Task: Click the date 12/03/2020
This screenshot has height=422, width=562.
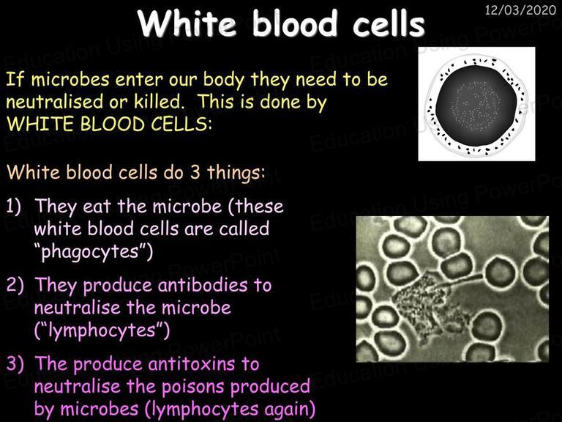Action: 520,10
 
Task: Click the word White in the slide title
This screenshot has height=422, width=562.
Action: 187,23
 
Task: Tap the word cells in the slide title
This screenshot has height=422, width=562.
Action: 389,23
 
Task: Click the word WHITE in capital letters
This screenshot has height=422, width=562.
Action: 40,124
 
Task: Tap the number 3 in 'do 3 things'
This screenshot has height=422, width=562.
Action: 195,172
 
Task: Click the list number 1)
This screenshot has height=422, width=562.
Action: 14,207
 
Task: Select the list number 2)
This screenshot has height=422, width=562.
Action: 15,285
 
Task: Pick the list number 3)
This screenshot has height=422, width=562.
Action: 15,363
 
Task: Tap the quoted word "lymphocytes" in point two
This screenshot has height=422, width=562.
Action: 102,330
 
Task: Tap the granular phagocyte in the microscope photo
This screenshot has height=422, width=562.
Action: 430,305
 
